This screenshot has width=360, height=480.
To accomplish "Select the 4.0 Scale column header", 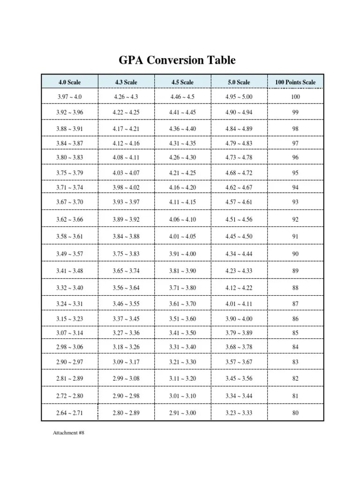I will (69, 82).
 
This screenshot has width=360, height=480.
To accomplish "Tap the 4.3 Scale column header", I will (126, 82).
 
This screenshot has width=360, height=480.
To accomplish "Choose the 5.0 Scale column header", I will (239, 82).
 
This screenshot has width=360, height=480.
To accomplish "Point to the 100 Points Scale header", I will (295, 82).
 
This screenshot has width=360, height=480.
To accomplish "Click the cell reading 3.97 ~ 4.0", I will (69, 97).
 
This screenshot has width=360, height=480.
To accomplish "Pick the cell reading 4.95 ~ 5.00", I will (239, 97).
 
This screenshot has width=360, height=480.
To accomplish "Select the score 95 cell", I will (295, 172).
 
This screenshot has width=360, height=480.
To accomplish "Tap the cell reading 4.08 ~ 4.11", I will (126, 157).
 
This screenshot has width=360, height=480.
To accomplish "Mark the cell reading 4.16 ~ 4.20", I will (182, 187).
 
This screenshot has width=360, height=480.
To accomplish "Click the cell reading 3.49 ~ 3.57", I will (69, 254).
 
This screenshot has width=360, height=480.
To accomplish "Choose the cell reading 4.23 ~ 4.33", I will (239, 270).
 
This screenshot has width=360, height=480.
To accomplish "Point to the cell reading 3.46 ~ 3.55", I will (126, 304).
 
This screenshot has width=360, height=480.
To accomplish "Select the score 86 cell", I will (295, 319).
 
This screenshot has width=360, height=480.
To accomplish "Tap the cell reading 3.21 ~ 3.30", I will (182, 362).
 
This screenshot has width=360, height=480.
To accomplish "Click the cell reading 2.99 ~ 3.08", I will (126, 378).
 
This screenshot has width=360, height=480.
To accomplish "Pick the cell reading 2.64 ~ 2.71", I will (69, 413).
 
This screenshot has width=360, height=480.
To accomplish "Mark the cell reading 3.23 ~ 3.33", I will (239, 413).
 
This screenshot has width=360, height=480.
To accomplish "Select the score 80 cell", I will (295, 413).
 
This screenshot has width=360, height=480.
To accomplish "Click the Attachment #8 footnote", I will (68, 433).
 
